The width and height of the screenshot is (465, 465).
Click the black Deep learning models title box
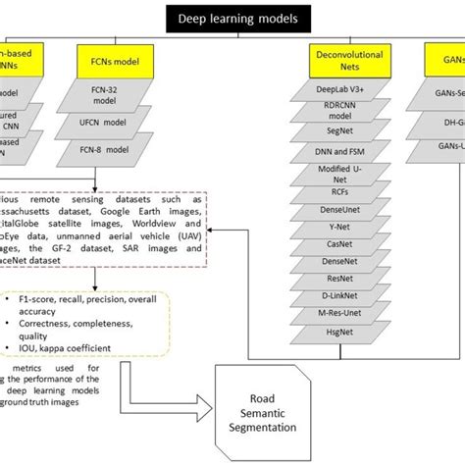click(232, 17)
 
